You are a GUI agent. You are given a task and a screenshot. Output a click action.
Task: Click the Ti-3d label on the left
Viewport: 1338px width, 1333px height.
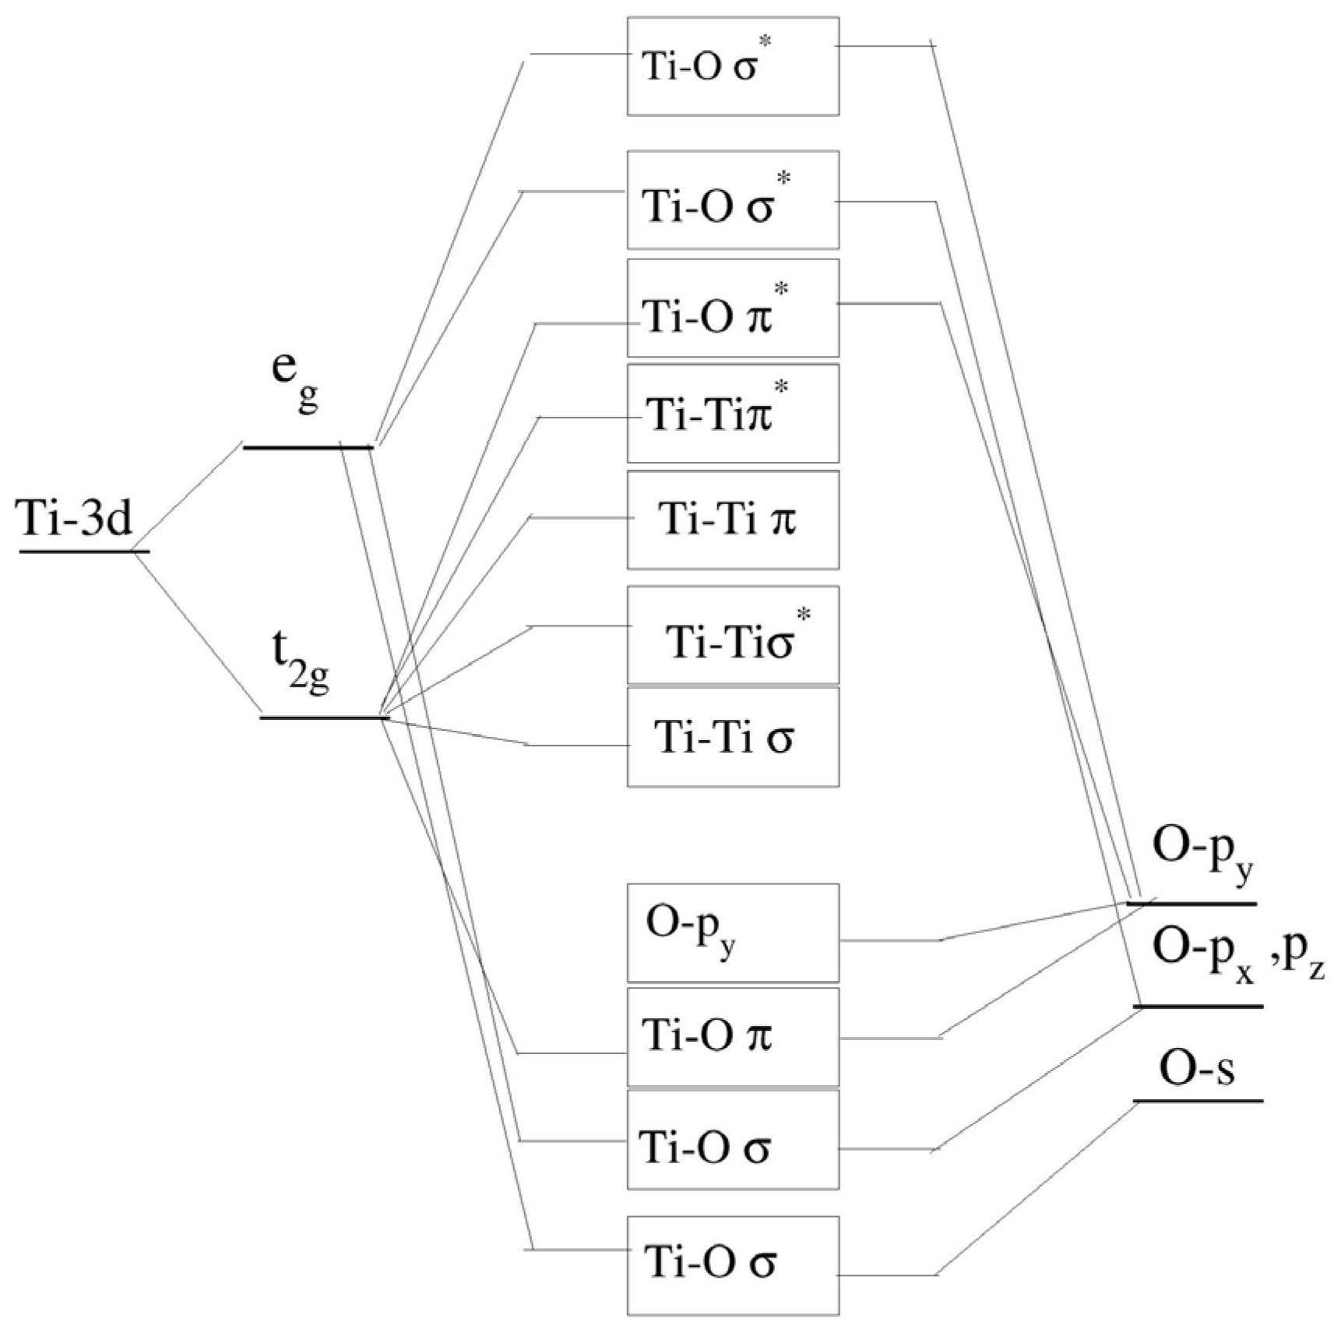pos(76,517)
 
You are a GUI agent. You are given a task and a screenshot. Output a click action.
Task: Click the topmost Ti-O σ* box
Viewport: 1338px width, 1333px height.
pos(732,66)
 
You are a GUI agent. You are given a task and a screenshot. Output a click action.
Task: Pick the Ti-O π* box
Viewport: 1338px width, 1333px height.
pos(732,309)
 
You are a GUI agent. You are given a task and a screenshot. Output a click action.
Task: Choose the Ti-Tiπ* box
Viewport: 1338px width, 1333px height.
pos(732,414)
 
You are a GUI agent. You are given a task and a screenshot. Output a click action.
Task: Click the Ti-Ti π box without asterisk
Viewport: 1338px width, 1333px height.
pos(732,520)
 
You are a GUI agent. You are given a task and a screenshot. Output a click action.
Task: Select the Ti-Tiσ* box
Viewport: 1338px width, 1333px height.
pos(732,635)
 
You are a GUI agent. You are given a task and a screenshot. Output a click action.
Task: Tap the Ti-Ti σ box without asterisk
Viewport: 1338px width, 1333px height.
pos(732,737)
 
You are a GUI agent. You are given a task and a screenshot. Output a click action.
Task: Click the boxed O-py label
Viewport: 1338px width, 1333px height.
pos(732,933)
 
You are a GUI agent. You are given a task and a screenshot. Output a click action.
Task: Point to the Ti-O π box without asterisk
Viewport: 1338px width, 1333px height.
pos(732,1037)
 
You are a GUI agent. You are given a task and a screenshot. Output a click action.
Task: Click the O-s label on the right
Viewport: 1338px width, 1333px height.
pos(1196,1070)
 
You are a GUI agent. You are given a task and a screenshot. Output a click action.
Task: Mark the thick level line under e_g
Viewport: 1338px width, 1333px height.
pos(308,447)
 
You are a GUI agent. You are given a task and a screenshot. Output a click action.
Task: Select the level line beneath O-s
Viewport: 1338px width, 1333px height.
pos(1197,1101)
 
